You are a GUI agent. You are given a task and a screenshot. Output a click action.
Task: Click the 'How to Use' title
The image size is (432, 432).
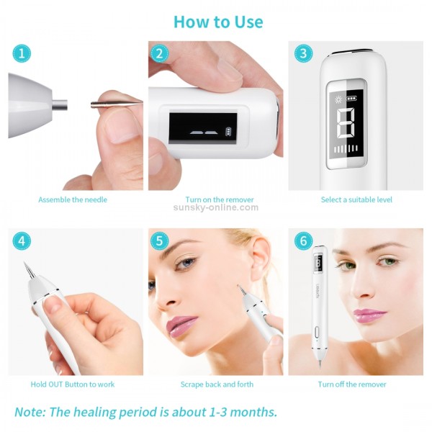(218, 22)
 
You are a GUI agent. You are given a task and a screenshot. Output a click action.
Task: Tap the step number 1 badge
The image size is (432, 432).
(22, 54)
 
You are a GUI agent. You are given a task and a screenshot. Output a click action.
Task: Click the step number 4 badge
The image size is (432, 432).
(22, 240)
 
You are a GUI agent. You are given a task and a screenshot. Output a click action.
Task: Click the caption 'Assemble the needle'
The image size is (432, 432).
(73, 199)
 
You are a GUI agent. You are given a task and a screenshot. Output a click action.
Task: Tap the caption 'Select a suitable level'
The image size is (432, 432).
(356, 199)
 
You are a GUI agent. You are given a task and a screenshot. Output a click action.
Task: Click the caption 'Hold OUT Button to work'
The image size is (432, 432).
(73, 384)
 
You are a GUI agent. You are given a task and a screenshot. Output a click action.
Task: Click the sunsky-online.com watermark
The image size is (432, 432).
(215, 207)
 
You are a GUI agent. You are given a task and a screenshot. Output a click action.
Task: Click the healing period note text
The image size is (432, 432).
(145, 413)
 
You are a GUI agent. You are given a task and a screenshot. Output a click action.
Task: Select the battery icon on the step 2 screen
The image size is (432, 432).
(230, 132)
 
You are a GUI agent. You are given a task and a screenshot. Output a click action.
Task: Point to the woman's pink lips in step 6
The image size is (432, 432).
(367, 315)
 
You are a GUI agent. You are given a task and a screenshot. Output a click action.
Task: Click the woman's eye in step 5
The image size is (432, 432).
(185, 264)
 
